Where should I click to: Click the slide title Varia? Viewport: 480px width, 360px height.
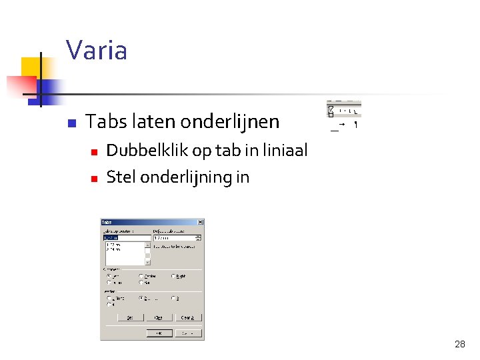pyautogui.click(x=97, y=51)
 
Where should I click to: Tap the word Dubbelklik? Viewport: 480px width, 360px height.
pyautogui.click(x=147, y=151)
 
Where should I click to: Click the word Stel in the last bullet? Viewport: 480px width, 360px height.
pyautogui.click(x=119, y=177)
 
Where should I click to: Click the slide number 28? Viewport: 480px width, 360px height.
pyautogui.click(x=459, y=344)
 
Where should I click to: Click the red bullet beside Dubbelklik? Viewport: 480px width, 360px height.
pyautogui.click(x=94, y=153)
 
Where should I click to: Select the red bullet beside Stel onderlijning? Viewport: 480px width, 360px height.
pyautogui.click(x=94, y=179)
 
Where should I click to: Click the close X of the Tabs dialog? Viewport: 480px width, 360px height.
pyautogui.click(x=201, y=222)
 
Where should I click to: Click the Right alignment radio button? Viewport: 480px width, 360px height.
pyautogui.click(x=173, y=276)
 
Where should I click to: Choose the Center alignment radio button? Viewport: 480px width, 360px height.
pyautogui.click(x=141, y=276)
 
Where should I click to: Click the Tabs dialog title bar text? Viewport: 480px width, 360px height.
pyautogui.click(x=107, y=222)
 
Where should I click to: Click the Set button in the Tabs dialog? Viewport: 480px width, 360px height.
pyautogui.click(x=131, y=318)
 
